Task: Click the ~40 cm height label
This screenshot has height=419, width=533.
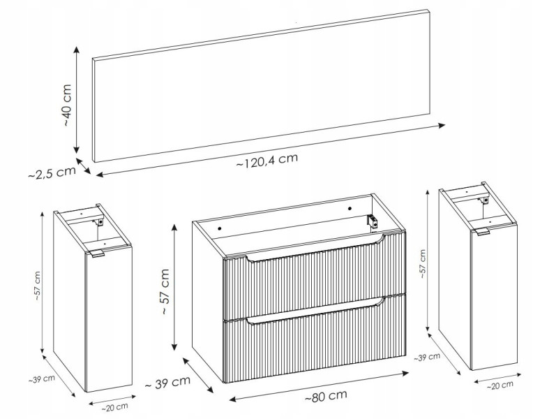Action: pos(67,105)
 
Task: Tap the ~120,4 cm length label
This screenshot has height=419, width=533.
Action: pos(267,160)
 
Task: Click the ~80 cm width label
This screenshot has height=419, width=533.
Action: pos(326,396)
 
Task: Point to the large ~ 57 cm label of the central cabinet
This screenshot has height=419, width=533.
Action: pos(165,291)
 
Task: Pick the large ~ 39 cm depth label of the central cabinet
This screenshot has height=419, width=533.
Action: pos(167,383)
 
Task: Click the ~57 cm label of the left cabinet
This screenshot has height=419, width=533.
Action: pos(37,286)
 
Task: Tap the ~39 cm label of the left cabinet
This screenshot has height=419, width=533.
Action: pos(41,379)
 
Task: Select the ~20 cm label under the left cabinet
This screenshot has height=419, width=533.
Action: pos(114,407)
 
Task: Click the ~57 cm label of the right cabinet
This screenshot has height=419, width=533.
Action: pos(422,264)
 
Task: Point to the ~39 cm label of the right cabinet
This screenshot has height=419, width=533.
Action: pos(427,358)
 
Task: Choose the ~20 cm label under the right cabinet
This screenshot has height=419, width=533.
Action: pos(500,385)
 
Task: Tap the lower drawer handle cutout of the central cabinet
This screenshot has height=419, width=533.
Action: pos(316,311)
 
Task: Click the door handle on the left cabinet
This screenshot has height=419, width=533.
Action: pos(96,254)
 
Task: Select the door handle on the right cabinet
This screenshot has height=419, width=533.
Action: pos(482,231)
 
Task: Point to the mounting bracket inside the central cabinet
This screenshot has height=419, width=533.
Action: pos(373,221)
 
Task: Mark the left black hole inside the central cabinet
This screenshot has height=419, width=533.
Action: pos(220,229)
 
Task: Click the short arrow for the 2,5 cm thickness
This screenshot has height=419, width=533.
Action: pos(84,166)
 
